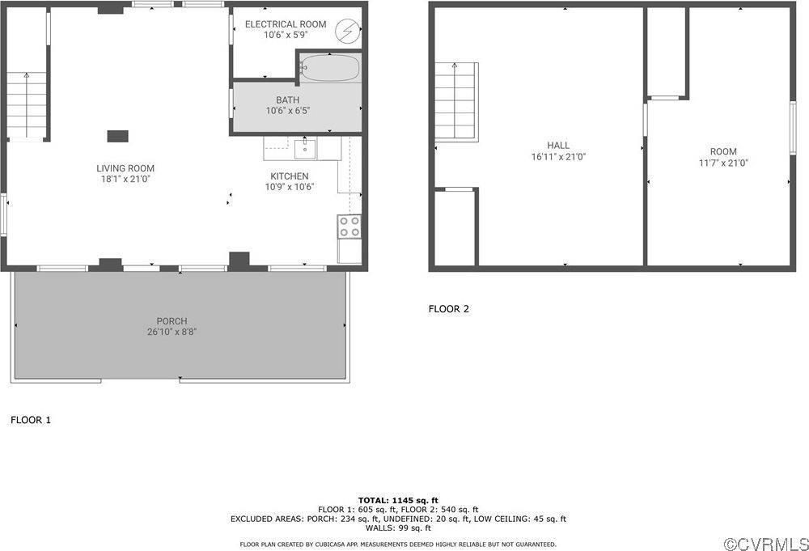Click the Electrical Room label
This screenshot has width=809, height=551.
tap(286, 24)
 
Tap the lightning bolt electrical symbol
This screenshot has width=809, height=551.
tap(346, 31)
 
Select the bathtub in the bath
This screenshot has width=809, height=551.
tap(330, 68)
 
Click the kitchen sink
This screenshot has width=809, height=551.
tap(305, 149)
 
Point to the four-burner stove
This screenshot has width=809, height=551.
tap(349, 227)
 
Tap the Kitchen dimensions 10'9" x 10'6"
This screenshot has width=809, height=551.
tap(289, 187)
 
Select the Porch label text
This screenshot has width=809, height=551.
tap(172, 321)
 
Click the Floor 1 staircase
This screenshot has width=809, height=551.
tap(28, 106)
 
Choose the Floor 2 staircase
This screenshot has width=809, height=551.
tap(455, 101)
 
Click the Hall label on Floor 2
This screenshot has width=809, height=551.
tap(558, 146)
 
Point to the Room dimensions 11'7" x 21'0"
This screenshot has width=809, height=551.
tap(723, 163)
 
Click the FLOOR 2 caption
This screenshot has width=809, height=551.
tap(448, 308)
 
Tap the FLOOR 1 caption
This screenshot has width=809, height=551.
tap(31, 420)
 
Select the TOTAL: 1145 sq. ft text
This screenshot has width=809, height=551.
tap(398, 500)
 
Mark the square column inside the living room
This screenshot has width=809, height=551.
tap(117, 136)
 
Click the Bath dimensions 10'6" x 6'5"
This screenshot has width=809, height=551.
tap(288, 110)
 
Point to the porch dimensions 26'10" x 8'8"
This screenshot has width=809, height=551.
tap(172, 332)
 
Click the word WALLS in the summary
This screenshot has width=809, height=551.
tap(378, 528)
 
